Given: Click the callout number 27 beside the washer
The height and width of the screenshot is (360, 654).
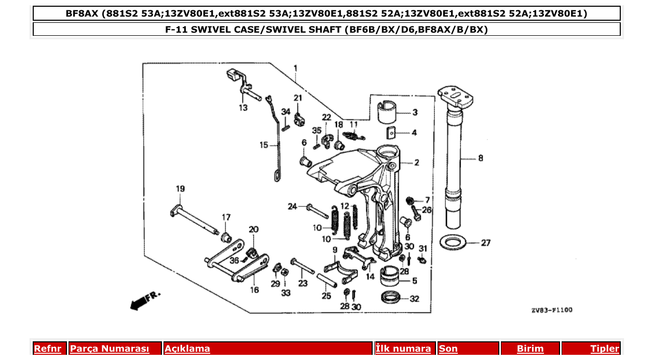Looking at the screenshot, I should coord(485,242).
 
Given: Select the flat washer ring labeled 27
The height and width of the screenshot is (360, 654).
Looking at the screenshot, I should coord(454,242).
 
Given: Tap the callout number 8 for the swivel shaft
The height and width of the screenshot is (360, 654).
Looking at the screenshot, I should coord(480,158).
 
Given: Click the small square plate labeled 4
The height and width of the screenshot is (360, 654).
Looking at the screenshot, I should coord(392,133).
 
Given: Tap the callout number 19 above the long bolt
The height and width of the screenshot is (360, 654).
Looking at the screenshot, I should coord(180,189).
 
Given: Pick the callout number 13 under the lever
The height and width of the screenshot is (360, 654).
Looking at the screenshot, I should coord(243,108).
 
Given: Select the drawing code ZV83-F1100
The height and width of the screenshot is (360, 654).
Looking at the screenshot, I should coord(551,310).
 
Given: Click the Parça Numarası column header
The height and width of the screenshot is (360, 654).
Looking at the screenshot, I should coord(110,349).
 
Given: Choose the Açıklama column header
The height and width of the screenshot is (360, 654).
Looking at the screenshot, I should coord(187,349).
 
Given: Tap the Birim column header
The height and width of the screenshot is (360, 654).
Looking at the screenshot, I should coord(530,349).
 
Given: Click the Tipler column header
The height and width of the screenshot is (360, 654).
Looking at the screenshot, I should coord(604,349).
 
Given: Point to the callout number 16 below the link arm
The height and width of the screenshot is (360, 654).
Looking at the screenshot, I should coord(254,290).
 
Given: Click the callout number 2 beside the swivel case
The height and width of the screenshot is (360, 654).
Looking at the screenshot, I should coord(416,162).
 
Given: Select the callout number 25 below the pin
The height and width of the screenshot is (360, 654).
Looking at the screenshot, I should coord(326,296).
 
